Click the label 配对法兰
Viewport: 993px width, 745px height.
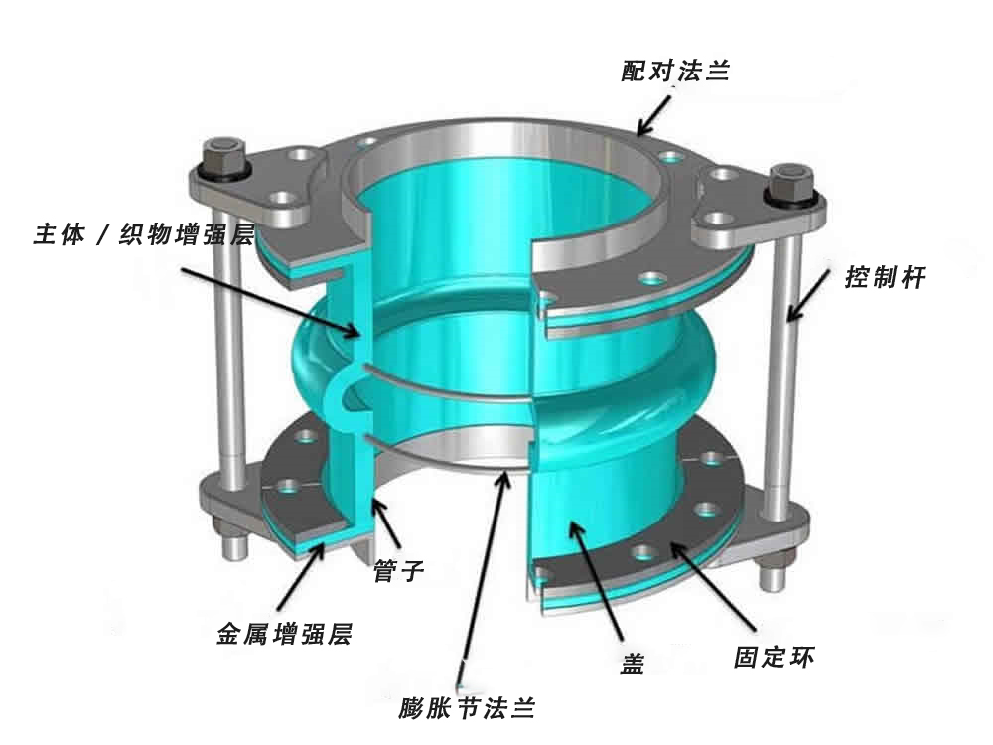675,71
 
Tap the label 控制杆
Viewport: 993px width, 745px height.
886,277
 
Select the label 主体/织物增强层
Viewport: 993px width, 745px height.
144,233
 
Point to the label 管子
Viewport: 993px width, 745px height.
398,571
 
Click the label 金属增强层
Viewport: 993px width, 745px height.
284,634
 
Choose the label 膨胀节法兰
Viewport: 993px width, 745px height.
468,707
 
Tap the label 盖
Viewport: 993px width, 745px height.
632,664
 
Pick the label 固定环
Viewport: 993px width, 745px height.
774,657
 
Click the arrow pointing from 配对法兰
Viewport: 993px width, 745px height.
654,116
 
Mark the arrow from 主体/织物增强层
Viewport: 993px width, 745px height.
271,301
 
